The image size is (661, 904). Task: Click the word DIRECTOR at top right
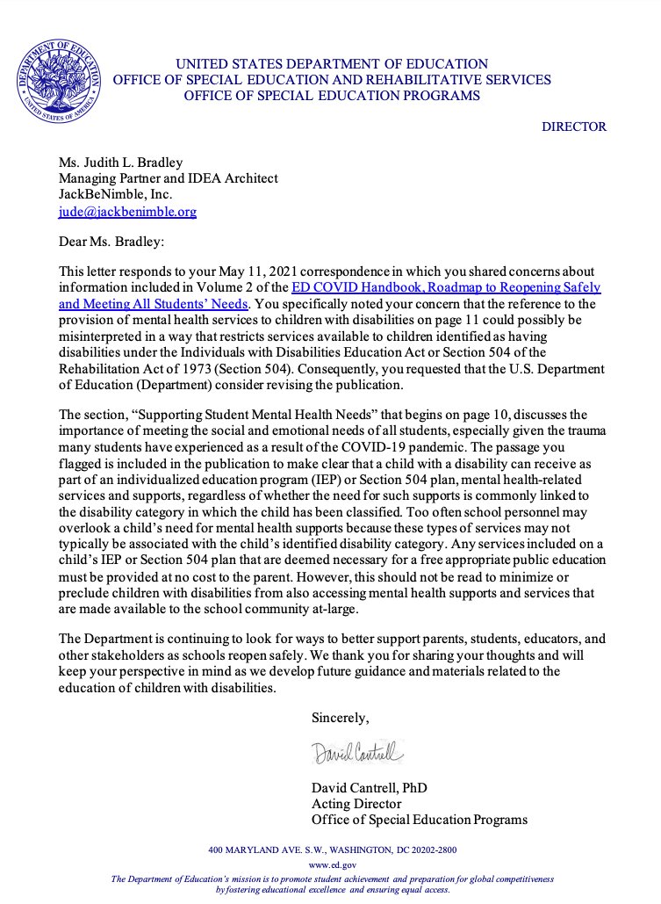[573, 127]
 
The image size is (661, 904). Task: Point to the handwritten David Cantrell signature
[356, 753]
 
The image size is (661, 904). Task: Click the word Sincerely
[340, 719]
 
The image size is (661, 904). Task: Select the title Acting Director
[356, 804]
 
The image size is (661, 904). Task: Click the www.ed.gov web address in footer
[331, 865]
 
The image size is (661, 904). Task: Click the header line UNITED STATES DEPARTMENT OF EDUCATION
[332, 64]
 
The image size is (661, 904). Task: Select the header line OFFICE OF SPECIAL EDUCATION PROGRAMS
[332, 96]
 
